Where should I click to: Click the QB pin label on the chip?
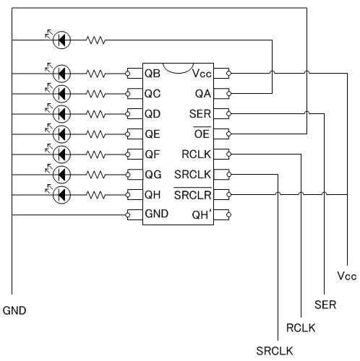153,74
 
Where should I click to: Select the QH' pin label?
202,214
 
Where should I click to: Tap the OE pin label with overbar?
202,133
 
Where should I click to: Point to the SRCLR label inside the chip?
192,194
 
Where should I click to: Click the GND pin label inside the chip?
157,214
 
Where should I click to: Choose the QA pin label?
203,94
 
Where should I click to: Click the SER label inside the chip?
200,113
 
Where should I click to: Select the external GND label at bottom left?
14,310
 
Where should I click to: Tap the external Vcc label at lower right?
347,276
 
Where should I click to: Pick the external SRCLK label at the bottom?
275,351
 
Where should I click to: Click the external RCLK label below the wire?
301,328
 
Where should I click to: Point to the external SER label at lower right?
325,305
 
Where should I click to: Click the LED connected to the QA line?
61,40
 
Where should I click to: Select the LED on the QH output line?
61,194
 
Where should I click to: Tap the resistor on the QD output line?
95,114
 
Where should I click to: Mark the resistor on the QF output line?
95,155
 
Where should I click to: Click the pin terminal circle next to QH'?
228,214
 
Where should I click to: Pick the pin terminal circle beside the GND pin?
128,214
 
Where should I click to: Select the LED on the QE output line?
61,134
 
